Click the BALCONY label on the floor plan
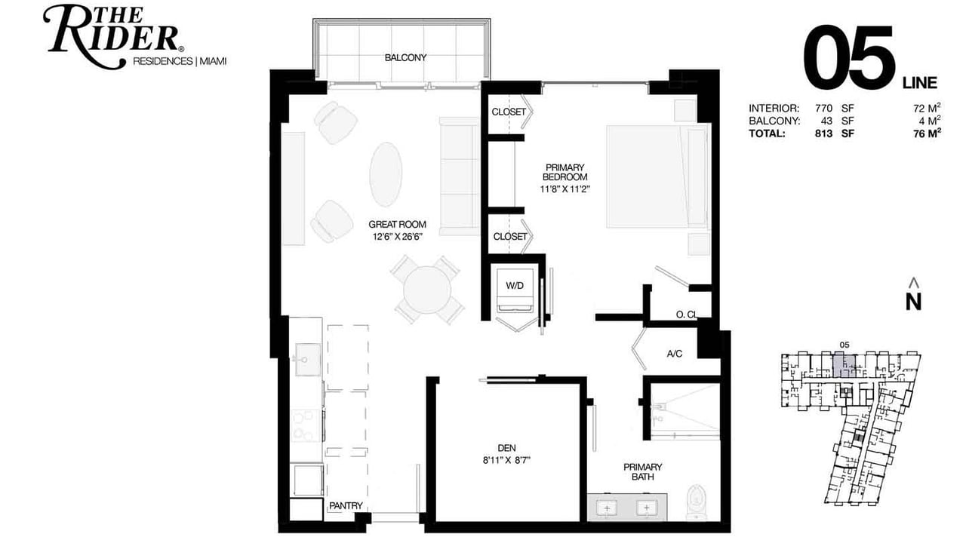tap(405, 58)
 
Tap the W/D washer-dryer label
tap(515, 286)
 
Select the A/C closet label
tap(675, 354)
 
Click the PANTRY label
tap(346, 505)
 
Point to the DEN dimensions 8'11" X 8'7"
tap(506, 460)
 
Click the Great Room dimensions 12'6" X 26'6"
tap(397, 237)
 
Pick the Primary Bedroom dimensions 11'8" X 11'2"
tap(565, 189)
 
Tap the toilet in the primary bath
tap(696, 502)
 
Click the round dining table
tap(427, 290)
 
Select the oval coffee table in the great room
tap(386, 174)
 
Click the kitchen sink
tap(307, 360)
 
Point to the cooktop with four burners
tap(306, 426)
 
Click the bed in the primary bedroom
tap(657, 176)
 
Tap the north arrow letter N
tap(913, 302)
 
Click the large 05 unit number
tap(848, 57)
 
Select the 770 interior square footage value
tap(823, 108)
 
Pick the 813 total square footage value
tap(823, 133)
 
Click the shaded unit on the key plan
tap(844, 367)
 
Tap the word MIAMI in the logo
tap(213, 61)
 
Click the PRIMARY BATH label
tap(642, 472)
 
